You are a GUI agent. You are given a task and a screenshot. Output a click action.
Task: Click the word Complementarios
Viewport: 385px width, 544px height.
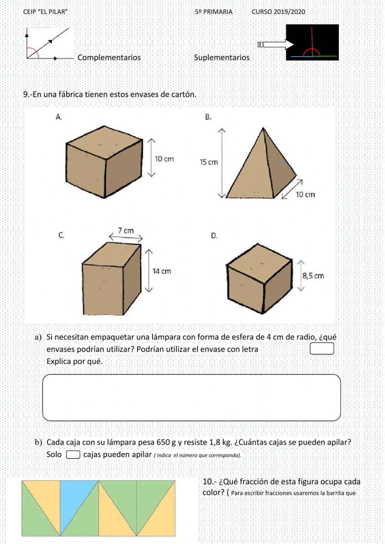pos(109,58)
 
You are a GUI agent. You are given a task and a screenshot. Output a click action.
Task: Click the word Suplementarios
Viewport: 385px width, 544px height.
pos(221,58)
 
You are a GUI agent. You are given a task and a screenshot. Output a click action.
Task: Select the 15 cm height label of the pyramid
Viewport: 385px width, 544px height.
pos(209,162)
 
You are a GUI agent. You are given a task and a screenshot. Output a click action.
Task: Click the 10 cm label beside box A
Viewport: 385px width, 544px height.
pos(164,159)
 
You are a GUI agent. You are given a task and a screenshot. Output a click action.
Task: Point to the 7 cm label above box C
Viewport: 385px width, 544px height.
pos(126,231)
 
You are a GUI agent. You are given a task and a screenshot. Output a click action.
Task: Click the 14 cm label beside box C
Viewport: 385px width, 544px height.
pos(162,271)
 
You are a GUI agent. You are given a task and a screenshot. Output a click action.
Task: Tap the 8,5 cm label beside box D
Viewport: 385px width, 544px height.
pos(313,276)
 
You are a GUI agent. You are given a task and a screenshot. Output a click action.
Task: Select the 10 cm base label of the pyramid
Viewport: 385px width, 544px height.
pos(305,195)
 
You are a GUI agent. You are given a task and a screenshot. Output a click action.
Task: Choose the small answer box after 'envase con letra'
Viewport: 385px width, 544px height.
pos(322,349)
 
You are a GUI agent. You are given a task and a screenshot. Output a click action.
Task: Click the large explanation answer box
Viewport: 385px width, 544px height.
pos(191,397)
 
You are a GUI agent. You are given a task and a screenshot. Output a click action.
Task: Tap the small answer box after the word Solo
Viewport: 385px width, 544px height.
pos(73,455)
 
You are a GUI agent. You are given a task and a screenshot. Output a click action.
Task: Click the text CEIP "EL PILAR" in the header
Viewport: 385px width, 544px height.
pos(45,12)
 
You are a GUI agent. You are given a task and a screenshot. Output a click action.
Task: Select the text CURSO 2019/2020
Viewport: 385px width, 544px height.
pos(278,12)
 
